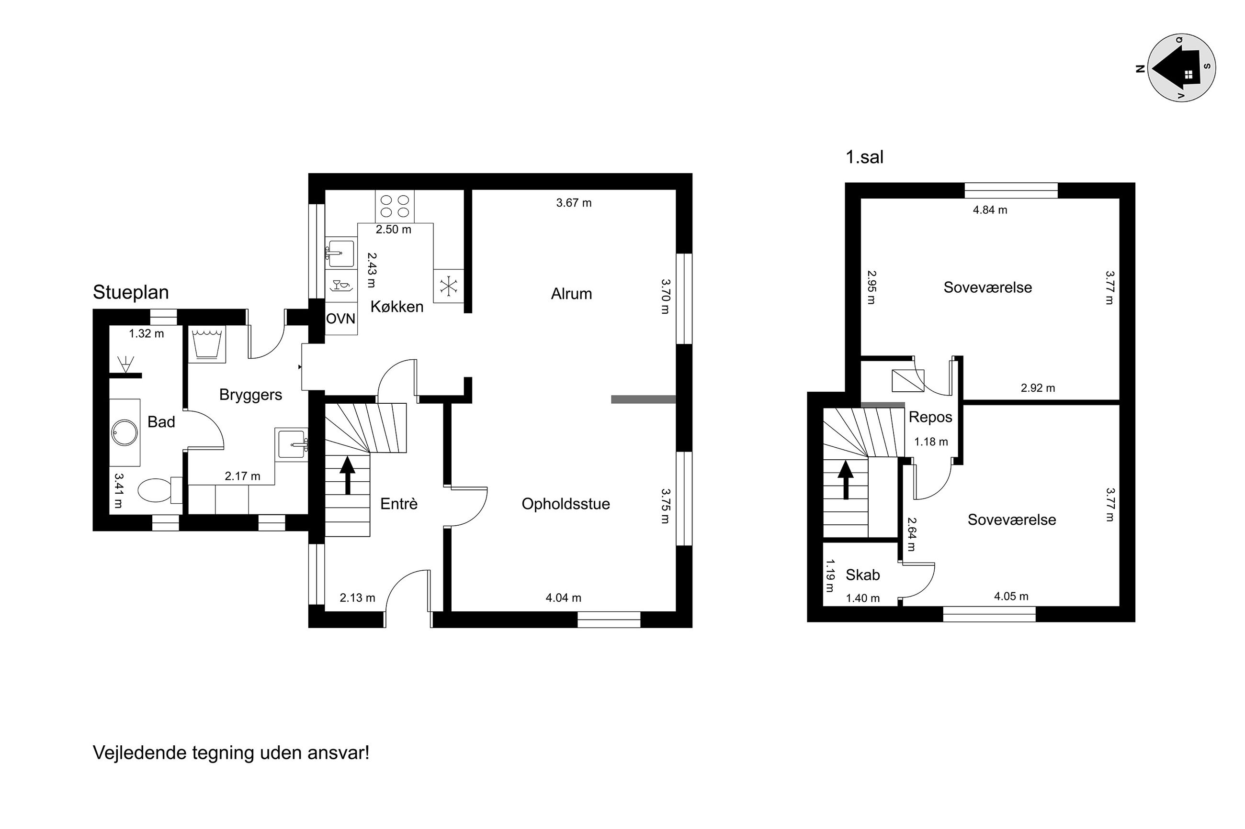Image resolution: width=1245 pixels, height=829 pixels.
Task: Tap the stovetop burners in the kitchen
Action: [395, 206]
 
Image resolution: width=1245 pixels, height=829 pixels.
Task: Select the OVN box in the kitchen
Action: [341, 318]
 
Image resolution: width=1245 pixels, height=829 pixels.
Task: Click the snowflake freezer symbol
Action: [449, 286]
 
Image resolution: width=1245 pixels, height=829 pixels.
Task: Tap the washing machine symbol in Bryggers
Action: [207, 343]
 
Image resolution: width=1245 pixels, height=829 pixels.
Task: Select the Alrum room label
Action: [571, 294]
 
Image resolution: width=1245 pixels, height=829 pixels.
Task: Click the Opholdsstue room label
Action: [566, 504]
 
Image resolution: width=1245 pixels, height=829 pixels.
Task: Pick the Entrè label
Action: [399, 504]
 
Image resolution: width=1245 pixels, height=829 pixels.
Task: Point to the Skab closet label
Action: [862, 575]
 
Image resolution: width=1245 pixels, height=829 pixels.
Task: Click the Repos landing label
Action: [930, 417]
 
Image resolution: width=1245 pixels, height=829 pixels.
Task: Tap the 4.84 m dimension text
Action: [990, 210]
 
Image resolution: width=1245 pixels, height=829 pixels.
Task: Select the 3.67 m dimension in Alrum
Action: [574, 202]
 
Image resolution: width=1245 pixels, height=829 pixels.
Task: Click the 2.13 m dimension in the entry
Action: [357, 598]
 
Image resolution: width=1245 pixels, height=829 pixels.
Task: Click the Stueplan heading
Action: [131, 292]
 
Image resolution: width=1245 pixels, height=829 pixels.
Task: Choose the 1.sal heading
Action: [865, 157]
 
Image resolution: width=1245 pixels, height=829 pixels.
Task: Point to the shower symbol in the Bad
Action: [125, 364]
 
